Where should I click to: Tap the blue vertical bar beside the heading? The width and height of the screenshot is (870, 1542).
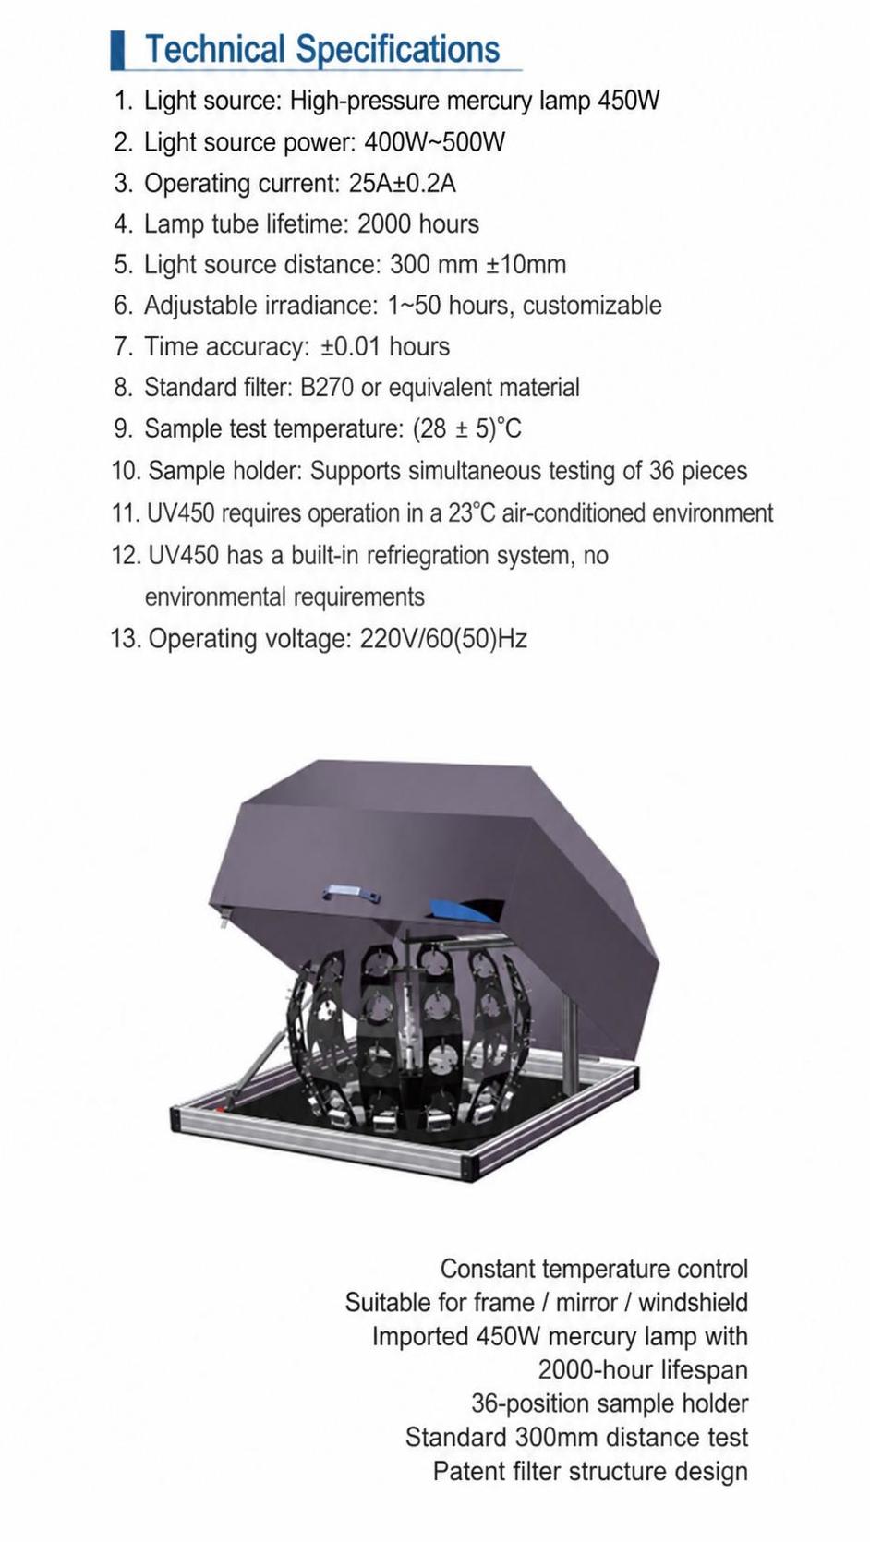(117, 50)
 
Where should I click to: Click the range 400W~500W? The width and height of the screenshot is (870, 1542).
(434, 142)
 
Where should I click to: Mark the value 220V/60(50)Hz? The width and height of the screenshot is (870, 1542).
(443, 639)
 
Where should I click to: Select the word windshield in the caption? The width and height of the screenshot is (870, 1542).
(693, 1303)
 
